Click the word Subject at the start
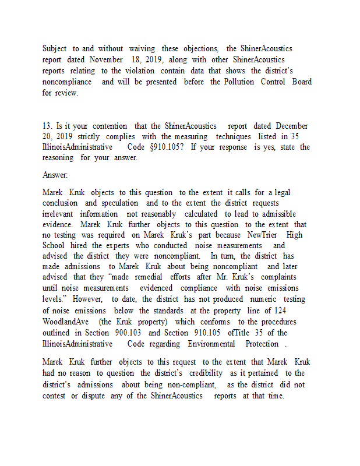(54, 48)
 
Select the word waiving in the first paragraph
(142, 48)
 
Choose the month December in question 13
(292, 126)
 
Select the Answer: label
(55, 175)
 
